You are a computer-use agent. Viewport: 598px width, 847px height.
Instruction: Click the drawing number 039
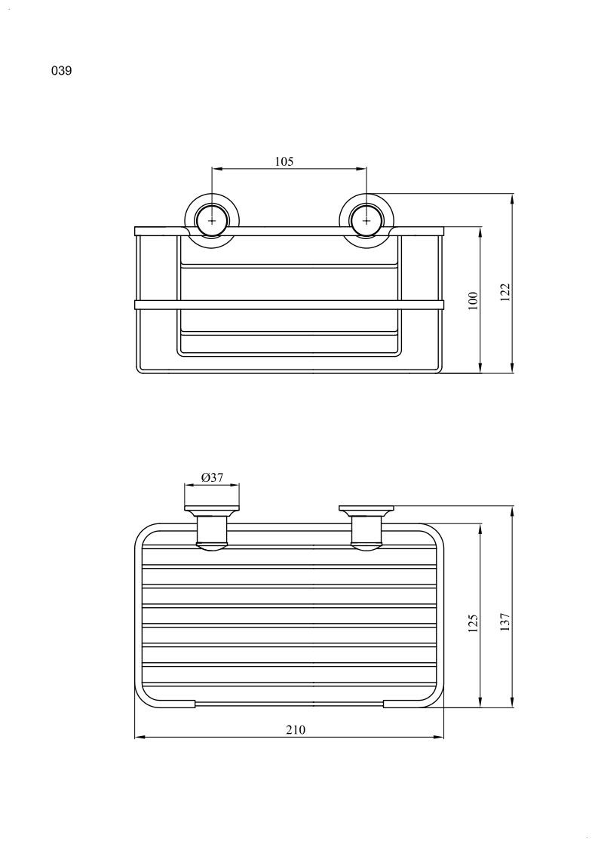(x=62, y=71)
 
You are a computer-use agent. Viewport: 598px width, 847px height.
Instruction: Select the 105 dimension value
(x=284, y=161)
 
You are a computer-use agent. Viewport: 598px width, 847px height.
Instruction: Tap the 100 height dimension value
(x=474, y=299)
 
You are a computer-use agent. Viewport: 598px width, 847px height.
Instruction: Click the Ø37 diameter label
(x=213, y=477)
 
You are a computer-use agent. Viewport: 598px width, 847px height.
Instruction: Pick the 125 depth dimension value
(x=474, y=623)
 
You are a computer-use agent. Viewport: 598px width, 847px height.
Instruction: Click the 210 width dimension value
(x=296, y=730)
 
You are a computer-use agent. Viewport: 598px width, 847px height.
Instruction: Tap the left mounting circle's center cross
(x=212, y=221)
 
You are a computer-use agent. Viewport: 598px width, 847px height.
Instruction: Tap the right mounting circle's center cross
(x=366, y=221)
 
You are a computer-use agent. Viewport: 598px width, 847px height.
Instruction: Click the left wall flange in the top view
(x=212, y=510)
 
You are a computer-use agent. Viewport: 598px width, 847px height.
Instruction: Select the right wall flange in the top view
(x=366, y=510)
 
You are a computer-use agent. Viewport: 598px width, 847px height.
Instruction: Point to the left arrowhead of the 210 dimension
(x=140, y=737)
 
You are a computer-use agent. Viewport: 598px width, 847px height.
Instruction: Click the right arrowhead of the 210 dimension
(x=439, y=737)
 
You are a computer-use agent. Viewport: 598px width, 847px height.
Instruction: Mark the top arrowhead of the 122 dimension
(x=512, y=199)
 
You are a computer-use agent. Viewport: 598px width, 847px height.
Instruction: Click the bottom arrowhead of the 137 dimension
(x=512, y=702)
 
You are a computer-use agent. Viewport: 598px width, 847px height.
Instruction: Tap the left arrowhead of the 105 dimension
(x=216, y=169)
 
